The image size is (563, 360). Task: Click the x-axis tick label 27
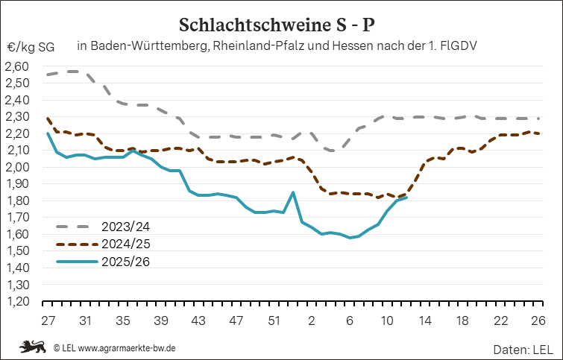tap(47, 320)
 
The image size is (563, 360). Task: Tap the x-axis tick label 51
tap(274, 320)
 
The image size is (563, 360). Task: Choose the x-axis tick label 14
tap(426, 320)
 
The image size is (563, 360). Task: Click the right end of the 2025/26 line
tap(406, 197)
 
